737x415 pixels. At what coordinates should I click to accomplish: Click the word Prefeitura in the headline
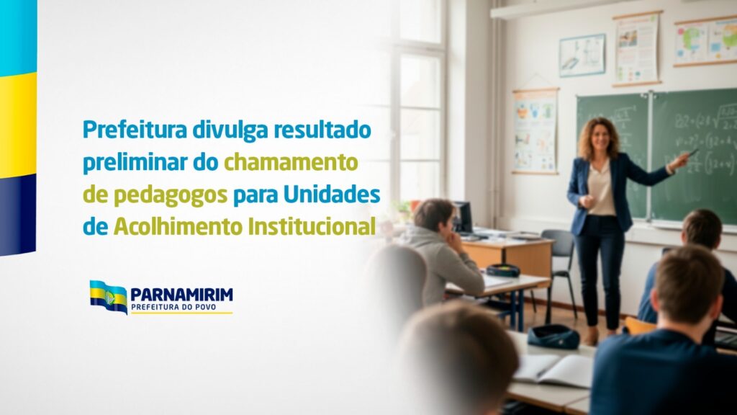[x=135, y=130]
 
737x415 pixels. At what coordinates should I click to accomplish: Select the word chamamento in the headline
[x=291, y=162]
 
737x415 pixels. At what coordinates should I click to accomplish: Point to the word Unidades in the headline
[x=331, y=195]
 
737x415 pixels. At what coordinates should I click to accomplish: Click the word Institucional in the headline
[x=312, y=226]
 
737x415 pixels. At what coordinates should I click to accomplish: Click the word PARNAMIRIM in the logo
[x=181, y=295]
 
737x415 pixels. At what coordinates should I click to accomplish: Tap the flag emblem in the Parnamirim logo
[x=108, y=297]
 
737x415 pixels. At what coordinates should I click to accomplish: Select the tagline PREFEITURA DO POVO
[x=173, y=307]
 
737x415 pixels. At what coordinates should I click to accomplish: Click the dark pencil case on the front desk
[x=553, y=337]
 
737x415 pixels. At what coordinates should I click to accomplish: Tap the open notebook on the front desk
[x=553, y=370]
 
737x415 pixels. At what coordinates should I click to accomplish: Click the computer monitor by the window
[x=462, y=218]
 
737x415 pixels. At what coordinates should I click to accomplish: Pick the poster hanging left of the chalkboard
[x=535, y=131]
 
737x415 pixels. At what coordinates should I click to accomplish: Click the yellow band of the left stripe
[x=18, y=125]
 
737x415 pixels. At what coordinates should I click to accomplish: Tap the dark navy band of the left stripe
[x=18, y=214]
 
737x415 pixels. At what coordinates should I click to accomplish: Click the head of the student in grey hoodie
[x=434, y=217]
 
